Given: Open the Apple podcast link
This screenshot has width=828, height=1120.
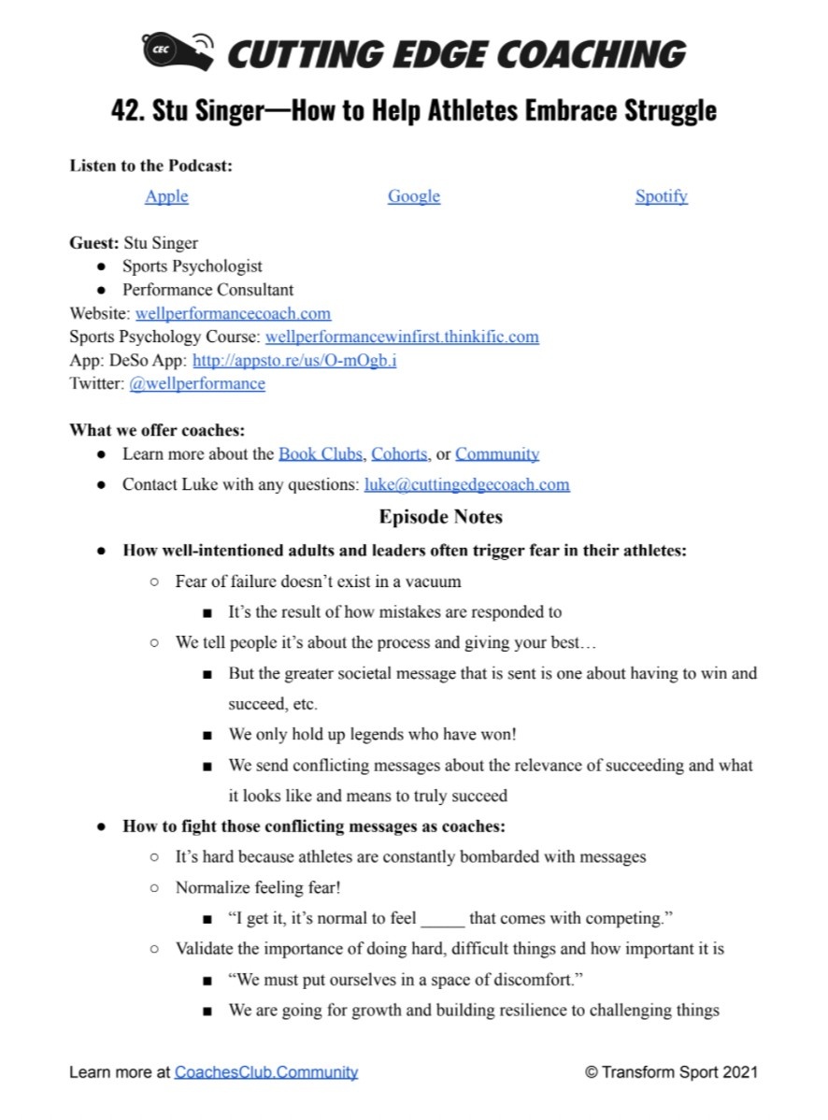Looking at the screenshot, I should pos(166,196).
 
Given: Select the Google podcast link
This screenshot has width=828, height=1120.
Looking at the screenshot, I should pos(414,196).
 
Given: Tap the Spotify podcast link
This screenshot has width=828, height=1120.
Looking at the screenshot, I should pos(661,196).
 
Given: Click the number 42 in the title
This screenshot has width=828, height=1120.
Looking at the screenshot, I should pos(125,110).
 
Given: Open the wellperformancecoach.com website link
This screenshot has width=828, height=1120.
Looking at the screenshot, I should pos(233,313).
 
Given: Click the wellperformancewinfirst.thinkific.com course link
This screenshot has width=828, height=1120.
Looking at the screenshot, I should pos(402,337).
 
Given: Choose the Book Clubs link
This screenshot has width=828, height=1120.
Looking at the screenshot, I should pos(320,454).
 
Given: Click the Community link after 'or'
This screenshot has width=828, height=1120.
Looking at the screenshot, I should pos(497,454).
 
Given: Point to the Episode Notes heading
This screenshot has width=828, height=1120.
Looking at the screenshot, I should pos(440,516).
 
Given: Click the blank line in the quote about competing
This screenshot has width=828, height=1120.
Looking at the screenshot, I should pos(442,920).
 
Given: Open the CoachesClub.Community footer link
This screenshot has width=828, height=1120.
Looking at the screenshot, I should pos(265,1072).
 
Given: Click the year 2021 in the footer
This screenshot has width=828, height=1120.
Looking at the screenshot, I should pos(740,1072).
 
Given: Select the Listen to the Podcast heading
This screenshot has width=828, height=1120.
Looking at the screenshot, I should pos(150,165).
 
